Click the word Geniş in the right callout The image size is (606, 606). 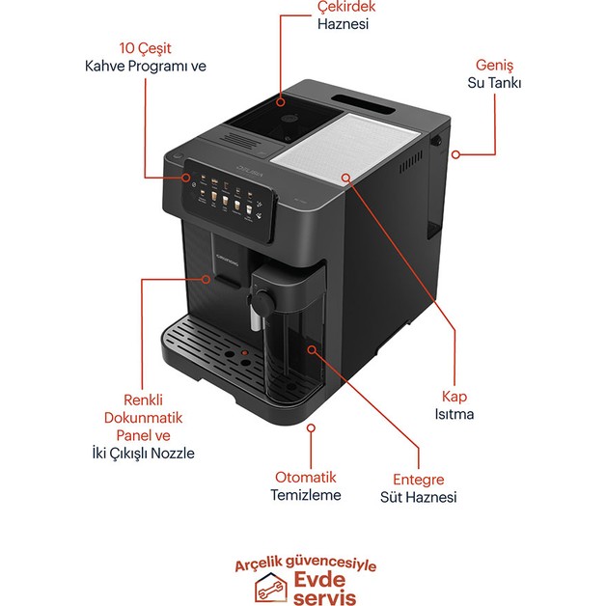[x=493, y=65]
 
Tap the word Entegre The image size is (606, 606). [x=418, y=479]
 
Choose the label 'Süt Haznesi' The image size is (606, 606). [x=418, y=497]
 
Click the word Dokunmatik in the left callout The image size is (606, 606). [x=144, y=418]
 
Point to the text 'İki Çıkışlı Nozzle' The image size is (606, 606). [x=143, y=453]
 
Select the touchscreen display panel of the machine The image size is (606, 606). [x=227, y=198]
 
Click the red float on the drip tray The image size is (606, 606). [x=243, y=352]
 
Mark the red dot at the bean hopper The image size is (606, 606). [x=281, y=100]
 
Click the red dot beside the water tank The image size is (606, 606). [x=455, y=152]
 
